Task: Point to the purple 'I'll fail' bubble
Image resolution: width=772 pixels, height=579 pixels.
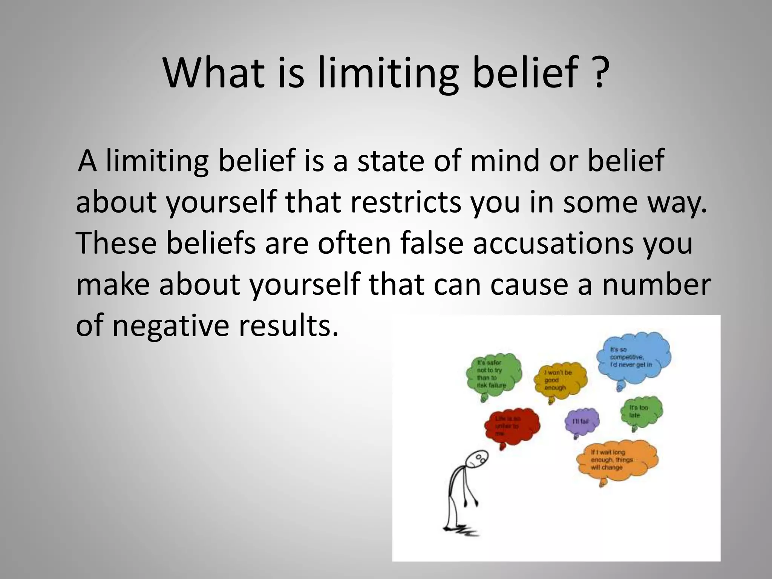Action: [x=582, y=421]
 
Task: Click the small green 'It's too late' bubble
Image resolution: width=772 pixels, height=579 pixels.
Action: [x=640, y=412]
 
